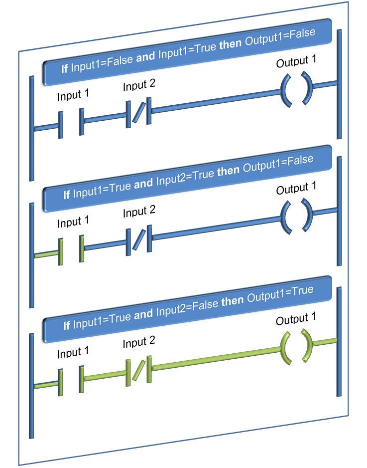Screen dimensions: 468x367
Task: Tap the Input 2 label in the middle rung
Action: pos(139,213)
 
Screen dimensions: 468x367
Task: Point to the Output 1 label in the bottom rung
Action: pos(296,319)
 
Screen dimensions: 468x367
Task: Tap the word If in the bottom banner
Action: pos(67,326)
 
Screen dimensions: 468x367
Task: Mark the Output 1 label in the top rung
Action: pos(296,62)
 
